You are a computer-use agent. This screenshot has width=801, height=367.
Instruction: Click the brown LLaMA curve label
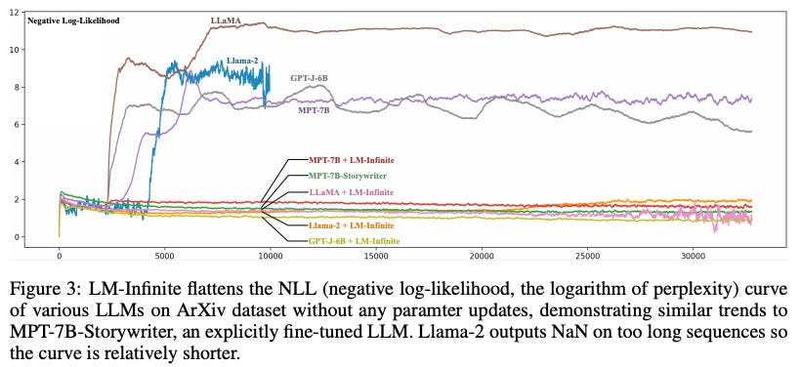click(x=227, y=20)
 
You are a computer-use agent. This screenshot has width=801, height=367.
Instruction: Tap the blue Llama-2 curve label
click(x=242, y=61)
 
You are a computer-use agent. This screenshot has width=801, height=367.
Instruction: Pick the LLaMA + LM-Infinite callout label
click(x=351, y=192)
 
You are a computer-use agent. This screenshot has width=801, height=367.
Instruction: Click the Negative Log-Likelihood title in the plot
click(x=73, y=20)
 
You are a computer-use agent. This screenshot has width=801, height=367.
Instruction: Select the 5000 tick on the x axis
click(x=164, y=257)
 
